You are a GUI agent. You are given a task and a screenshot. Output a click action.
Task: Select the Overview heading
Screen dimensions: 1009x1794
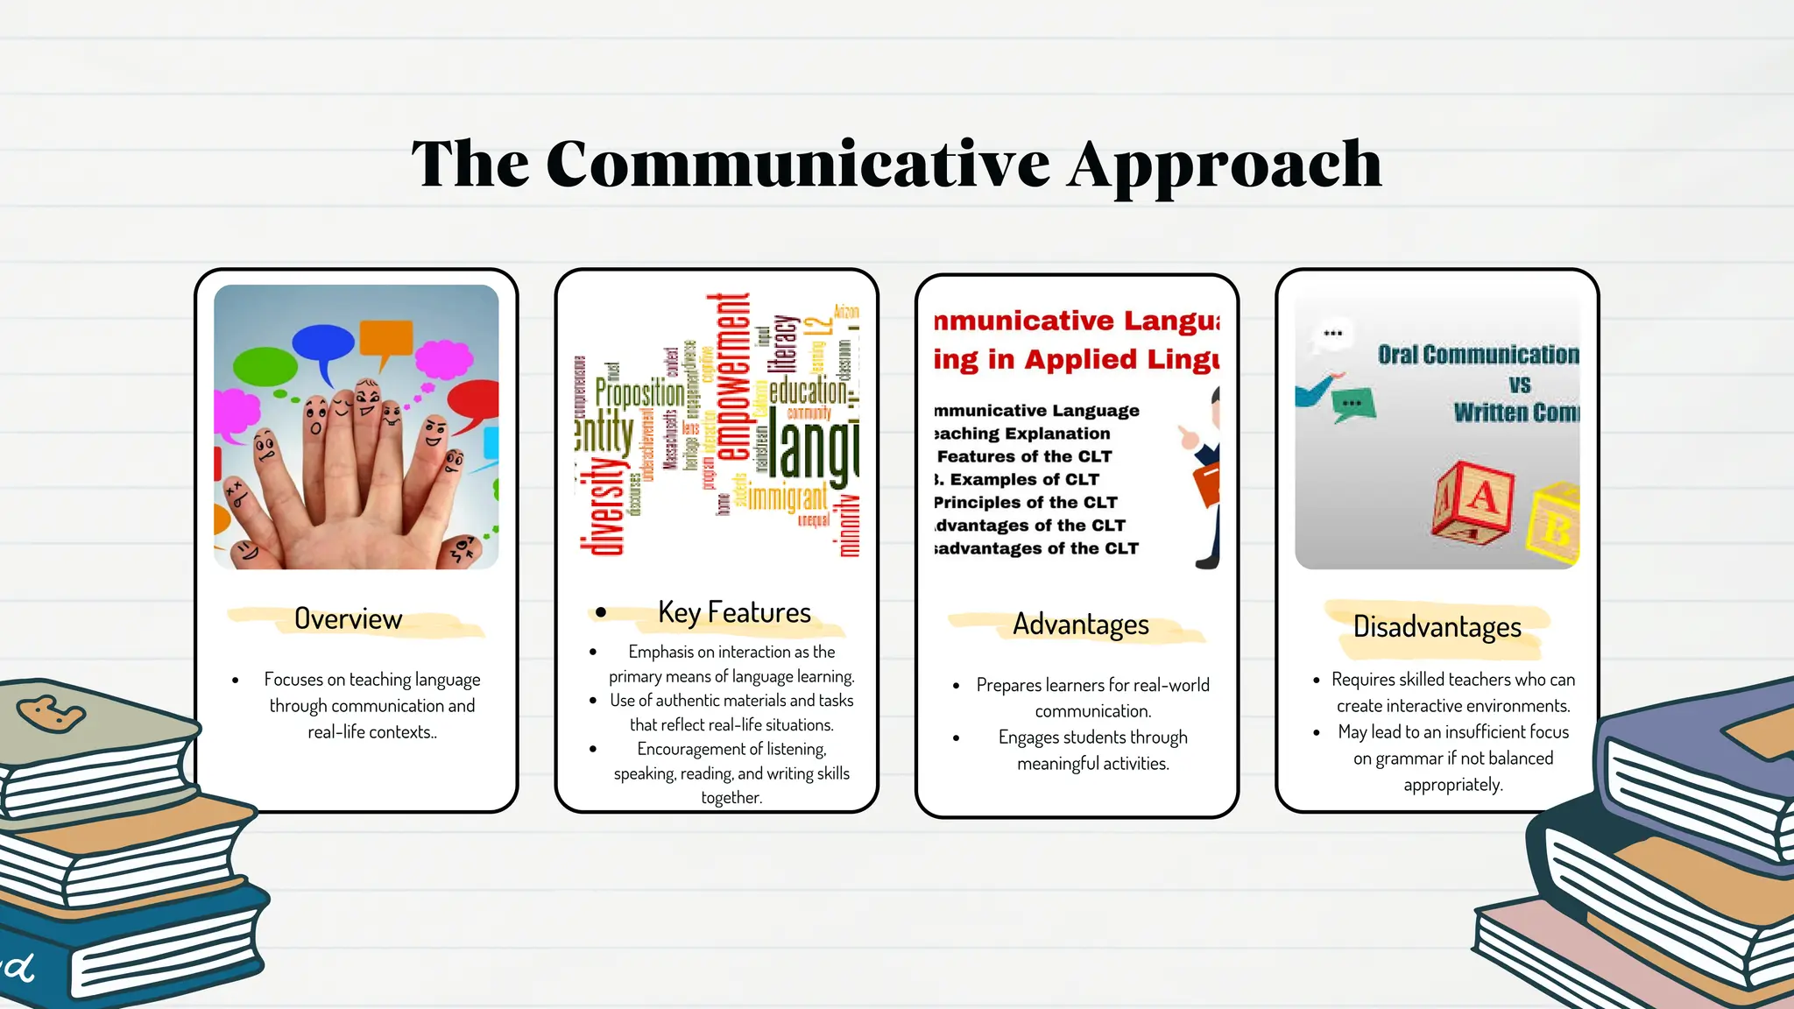coord(348,619)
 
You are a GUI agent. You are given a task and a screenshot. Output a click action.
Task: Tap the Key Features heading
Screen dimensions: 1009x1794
coord(734,612)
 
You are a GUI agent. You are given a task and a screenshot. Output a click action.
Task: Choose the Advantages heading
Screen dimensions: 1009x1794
coord(1080,624)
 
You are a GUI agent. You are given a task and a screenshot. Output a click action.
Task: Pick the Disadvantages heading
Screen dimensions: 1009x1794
coord(1437,627)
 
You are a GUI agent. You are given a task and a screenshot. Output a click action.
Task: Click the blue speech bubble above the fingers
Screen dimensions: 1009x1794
coord(322,345)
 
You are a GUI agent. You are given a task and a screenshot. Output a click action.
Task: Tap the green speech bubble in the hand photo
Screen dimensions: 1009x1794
coord(264,366)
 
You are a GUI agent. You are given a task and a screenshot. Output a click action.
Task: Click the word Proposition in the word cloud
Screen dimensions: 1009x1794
coord(639,393)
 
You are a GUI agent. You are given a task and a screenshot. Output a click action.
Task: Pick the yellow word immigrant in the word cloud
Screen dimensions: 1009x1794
coord(787,498)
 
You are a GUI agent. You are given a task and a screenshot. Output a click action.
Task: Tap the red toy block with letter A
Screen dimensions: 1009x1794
coord(1474,502)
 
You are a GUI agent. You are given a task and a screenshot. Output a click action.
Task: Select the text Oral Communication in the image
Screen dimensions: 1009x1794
coord(1478,355)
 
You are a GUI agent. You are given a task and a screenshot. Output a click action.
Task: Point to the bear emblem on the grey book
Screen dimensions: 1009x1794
coord(50,714)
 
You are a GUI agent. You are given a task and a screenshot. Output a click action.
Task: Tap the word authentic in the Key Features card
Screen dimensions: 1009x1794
coord(691,701)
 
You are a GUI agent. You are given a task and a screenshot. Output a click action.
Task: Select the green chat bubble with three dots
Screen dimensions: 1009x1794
coord(1352,405)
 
